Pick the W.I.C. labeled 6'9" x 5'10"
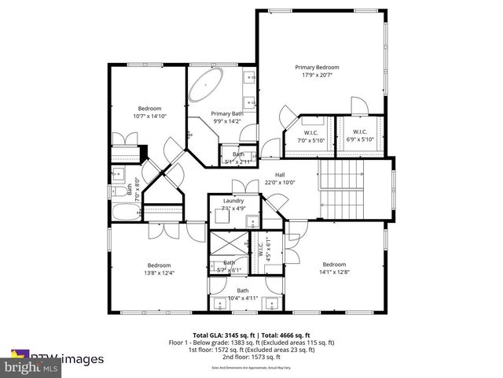(x=359, y=135)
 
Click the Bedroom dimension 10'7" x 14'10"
(x=149, y=116)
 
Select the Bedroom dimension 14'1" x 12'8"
(x=334, y=272)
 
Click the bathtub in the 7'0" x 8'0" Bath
(x=124, y=213)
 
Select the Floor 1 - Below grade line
(x=251, y=343)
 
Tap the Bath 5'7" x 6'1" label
(x=229, y=266)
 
